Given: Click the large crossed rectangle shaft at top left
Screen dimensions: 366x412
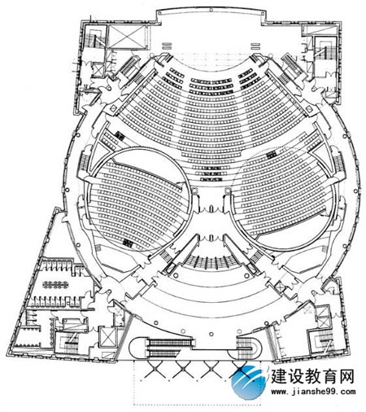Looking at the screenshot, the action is [x=128, y=37].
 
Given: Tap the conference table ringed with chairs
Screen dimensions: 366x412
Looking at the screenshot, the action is [x=55, y=285].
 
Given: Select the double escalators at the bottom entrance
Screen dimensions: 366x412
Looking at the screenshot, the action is [x=168, y=348].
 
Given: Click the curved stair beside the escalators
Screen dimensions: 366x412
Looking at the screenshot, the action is [x=247, y=348].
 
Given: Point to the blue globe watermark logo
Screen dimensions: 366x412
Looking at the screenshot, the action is [x=247, y=382].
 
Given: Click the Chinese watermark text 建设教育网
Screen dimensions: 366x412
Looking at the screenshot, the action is [x=312, y=377].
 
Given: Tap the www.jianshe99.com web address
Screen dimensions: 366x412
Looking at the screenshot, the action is [x=313, y=392].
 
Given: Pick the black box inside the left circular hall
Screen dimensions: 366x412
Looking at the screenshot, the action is [x=128, y=243].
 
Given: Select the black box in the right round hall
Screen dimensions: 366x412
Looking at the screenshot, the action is [x=272, y=155].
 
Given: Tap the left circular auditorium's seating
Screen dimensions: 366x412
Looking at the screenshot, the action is [x=137, y=201].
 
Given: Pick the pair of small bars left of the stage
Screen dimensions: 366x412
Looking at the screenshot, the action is [x=167, y=46].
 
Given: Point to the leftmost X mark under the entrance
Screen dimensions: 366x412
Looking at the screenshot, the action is [x=154, y=370].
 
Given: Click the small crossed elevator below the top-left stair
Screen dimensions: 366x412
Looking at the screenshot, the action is [x=98, y=70].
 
